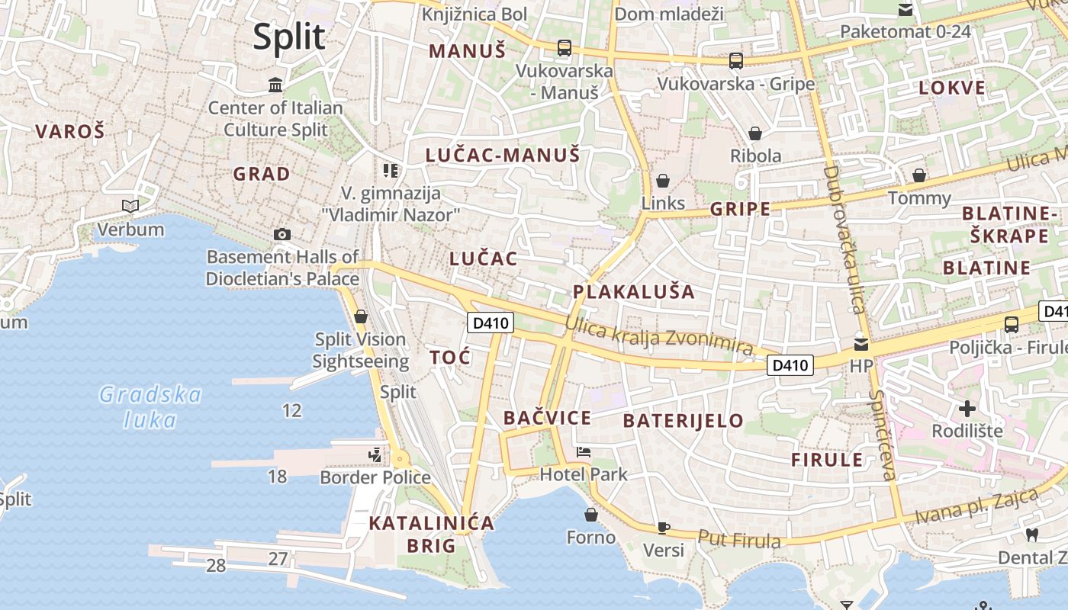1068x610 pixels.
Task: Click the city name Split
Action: pyautogui.click(x=289, y=37)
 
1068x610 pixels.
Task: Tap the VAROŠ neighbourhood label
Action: pyautogui.click(x=69, y=131)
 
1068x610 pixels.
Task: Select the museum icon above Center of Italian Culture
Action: pyautogui.click(x=275, y=85)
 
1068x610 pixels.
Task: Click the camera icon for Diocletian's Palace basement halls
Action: pyautogui.click(x=282, y=234)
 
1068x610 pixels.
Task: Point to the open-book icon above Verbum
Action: pyautogui.click(x=130, y=206)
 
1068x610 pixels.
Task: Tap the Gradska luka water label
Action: pyautogui.click(x=150, y=406)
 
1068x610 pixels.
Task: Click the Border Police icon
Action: pyautogui.click(x=375, y=455)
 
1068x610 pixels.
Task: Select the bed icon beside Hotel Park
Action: pyautogui.click(x=584, y=452)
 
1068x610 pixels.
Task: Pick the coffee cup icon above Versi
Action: pyautogui.click(x=664, y=528)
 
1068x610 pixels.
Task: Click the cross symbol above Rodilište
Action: pyautogui.click(x=967, y=409)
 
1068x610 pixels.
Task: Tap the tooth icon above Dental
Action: pyautogui.click(x=1032, y=535)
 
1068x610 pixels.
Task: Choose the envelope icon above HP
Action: pyautogui.click(x=861, y=344)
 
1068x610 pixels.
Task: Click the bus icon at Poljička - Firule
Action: pyautogui.click(x=1012, y=325)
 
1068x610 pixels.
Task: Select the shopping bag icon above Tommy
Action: pyautogui.click(x=919, y=175)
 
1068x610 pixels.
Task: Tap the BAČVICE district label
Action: pyautogui.click(x=547, y=418)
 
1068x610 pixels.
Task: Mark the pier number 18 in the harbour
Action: pyautogui.click(x=277, y=477)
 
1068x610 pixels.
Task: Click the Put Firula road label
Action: pyautogui.click(x=739, y=539)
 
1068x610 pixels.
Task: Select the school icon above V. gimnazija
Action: pyautogui.click(x=391, y=170)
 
